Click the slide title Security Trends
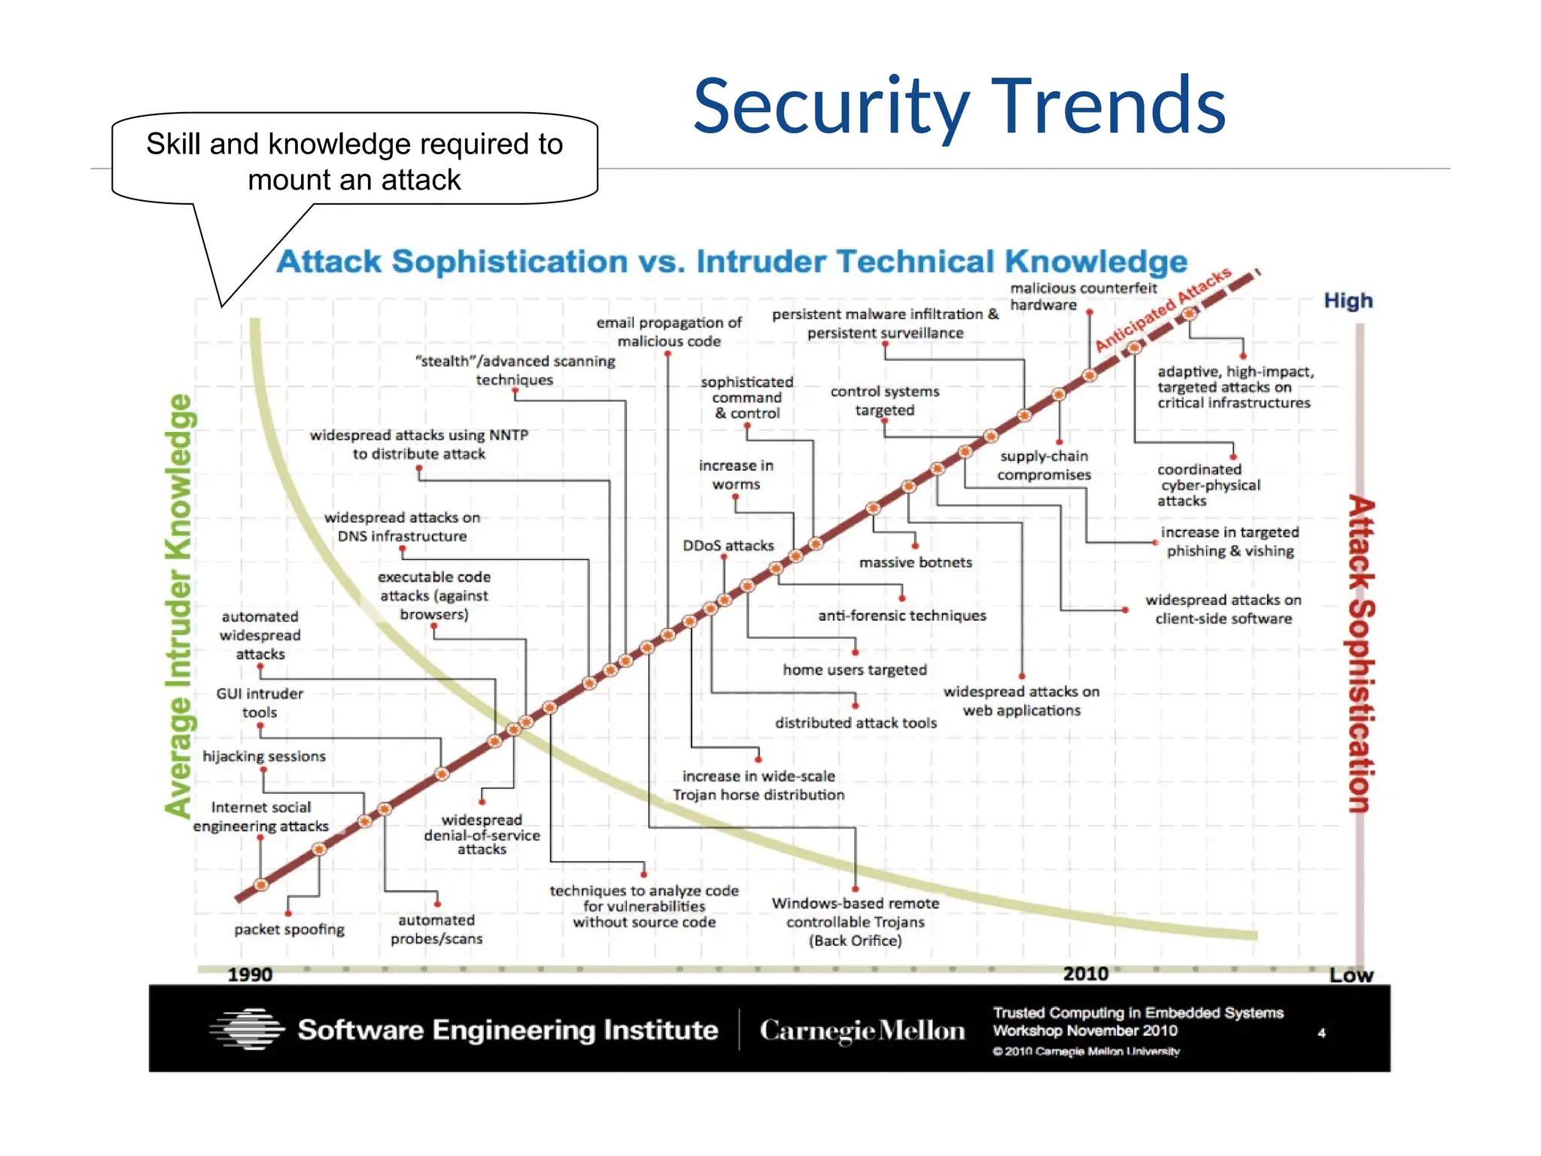point(959,107)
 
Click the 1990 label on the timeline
point(250,974)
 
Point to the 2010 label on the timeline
point(1085,973)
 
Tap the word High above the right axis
point(1348,301)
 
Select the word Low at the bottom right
point(1351,975)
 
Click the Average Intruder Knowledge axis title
point(179,606)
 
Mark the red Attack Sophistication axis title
point(1360,653)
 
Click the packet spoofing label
point(289,929)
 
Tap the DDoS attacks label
point(728,546)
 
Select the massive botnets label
point(915,562)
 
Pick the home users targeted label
point(854,670)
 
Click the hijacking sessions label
point(264,756)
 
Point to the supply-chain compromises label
point(1044,465)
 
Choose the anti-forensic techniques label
point(901,616)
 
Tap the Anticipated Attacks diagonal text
point(1163,309)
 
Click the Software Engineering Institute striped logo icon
point(248,1029)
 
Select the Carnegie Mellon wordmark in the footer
point(862,1030)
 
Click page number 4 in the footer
point(1321,1033)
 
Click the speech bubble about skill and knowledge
point(354,161)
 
